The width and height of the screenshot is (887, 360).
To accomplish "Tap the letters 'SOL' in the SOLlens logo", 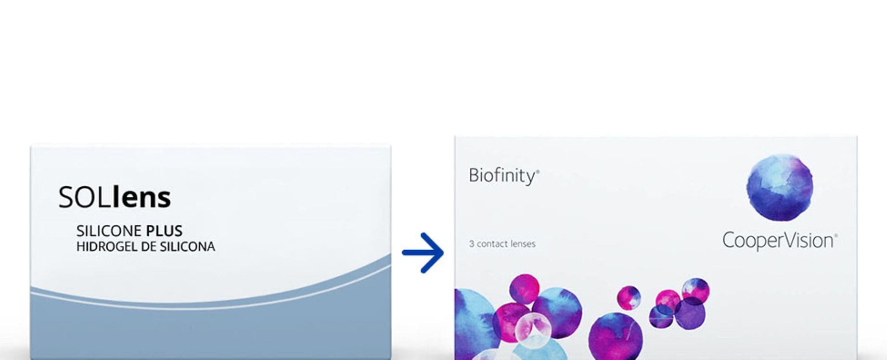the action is [85, 197].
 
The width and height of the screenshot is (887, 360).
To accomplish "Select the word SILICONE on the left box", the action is [109, 231].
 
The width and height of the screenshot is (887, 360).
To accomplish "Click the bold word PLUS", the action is [165, 231].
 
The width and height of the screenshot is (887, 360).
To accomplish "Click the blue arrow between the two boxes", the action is [423, 253].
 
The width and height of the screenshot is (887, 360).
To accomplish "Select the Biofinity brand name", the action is [502, 176].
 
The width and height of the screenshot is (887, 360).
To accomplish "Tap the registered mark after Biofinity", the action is [538, 171].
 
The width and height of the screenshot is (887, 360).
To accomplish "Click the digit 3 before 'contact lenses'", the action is [472, 244].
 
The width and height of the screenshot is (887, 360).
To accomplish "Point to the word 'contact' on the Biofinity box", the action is [491, 244].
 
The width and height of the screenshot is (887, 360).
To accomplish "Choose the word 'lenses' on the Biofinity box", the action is [522, 244].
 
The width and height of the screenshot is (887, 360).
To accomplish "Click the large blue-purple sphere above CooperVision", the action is [780, 187].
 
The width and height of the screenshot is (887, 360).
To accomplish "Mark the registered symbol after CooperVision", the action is [836, 235].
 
